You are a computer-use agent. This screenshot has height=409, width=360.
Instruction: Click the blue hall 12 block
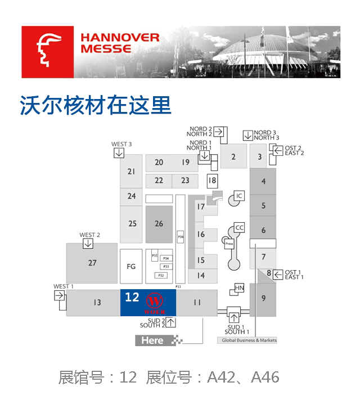[148, 303]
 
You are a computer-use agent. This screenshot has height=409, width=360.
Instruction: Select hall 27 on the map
[92, 263]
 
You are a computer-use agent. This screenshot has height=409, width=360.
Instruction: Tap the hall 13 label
[97, 303]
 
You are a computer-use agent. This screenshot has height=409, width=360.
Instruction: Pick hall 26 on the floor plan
[159, 224]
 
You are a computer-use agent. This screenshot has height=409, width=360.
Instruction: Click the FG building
[131, 266]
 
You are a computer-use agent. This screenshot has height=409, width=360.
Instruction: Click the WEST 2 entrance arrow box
[88, 244]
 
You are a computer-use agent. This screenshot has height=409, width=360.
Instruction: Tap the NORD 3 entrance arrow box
[247, 136]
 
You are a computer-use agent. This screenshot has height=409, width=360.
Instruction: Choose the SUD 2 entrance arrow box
[170, 322]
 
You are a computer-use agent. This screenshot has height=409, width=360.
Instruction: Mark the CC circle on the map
[240, 228]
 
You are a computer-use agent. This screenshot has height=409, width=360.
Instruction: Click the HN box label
[239, 289]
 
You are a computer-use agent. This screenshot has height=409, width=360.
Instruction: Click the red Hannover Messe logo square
[47, 52]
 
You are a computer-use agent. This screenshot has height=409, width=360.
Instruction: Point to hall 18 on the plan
[211, 181]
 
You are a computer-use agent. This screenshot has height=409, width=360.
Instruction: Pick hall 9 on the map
[263, 298]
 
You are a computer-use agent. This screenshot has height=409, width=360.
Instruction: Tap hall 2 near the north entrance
[233, 157]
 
